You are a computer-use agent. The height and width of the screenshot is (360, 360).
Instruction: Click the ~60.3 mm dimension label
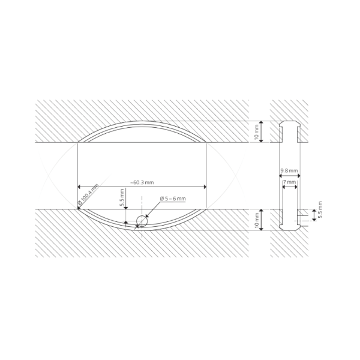pos(142,182)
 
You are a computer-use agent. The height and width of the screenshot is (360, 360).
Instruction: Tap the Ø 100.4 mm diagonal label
pos(88,194)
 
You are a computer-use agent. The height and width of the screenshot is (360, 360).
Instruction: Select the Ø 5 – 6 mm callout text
pos(173,199)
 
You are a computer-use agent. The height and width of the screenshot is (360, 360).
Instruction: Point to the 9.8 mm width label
pos(289,171)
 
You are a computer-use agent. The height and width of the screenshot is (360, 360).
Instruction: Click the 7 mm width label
pos(290,182)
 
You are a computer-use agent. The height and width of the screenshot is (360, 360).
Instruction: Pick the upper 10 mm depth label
pos(257,131)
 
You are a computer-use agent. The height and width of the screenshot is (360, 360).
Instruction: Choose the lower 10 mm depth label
pos(257,220)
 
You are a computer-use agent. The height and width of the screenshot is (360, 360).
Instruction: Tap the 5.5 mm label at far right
pos(320,209)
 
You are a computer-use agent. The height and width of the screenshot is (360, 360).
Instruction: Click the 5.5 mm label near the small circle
pos(122,197)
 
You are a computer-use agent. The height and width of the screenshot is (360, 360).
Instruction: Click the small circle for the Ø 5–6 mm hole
pos(142,221)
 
